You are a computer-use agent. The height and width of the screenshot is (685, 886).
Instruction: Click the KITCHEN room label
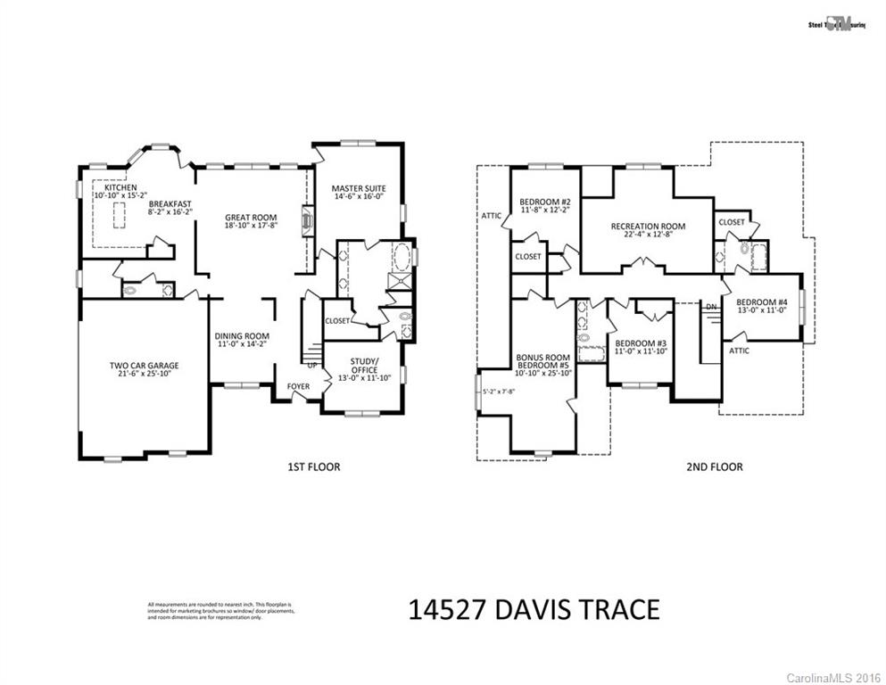click(120, 187)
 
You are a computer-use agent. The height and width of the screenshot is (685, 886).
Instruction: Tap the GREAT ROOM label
click(251, 217)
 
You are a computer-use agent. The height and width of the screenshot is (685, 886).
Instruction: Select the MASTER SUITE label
click(358, 188)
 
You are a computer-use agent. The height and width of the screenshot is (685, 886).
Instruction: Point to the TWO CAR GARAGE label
click(144, 366)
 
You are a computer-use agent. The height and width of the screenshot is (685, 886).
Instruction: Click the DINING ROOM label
click(242, 336)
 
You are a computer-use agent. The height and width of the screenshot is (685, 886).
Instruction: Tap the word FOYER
click(299, 387)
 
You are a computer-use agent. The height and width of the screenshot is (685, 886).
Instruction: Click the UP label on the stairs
click(311, 366)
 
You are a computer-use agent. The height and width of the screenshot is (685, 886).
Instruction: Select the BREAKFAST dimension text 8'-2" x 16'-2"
click(170, 212)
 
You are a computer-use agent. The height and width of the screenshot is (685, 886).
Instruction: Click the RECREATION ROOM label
click(648, 227)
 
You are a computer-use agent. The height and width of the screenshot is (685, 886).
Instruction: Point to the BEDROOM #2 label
click(544, 202)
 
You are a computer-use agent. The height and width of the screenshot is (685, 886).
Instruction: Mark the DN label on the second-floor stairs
click(711, 307)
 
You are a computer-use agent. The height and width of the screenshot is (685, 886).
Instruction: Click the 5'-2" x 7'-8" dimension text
click(499, 391)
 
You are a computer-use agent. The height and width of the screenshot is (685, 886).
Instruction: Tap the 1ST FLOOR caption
click(314, 466)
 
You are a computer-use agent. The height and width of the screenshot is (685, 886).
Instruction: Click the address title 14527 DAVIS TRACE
click(534, 610)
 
